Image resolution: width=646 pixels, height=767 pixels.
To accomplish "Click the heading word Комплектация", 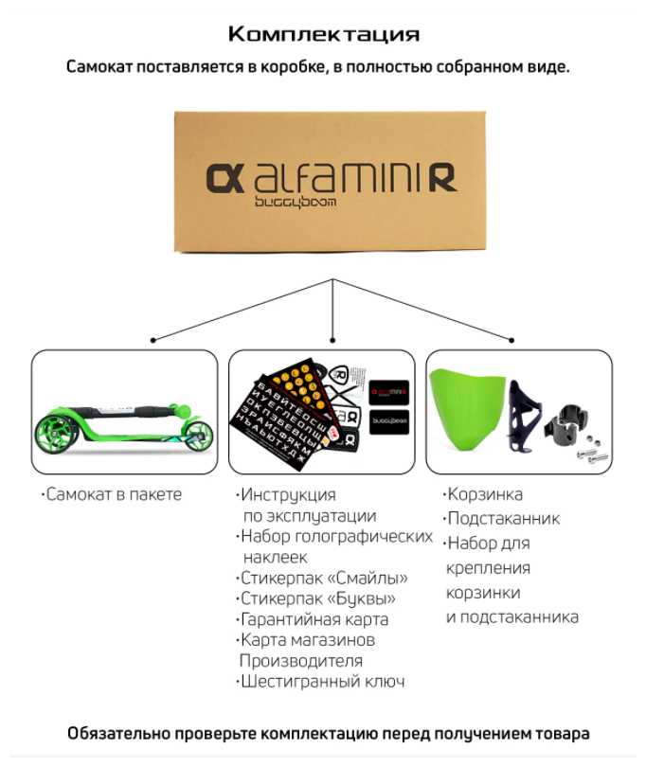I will (x=323, y=35).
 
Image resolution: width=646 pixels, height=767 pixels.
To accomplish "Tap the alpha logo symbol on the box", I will (x=224, y=178).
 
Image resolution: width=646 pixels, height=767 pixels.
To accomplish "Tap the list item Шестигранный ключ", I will (x=323, y=682).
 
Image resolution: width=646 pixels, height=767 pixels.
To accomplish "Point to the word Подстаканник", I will (x=503, y=519).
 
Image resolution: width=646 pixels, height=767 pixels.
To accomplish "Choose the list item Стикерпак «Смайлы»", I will (x=324, y=578).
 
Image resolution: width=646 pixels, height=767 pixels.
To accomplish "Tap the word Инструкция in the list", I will (x=288, y=494).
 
